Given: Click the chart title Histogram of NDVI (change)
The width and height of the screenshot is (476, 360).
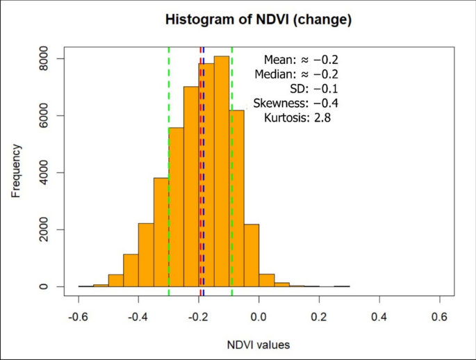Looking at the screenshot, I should [x=258, y=20].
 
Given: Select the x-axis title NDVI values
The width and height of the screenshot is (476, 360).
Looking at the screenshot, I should [x=258, y=344].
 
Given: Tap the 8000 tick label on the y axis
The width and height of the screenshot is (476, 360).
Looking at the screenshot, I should [x=42, y=59].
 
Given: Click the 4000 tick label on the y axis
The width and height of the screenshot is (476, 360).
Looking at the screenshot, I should [x=42, y=172].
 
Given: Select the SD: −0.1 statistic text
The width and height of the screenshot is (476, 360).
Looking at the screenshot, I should [x=313, y=89].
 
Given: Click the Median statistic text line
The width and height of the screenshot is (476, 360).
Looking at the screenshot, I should [x=296, y=74].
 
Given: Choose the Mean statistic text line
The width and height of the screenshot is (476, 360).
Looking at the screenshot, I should [x=301, y=60].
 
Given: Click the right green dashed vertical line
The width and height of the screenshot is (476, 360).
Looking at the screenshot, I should [x=231, y=208].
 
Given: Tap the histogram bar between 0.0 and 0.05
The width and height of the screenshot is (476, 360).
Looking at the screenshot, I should [x=267, y=280].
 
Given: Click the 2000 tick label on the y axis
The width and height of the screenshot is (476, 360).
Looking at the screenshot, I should [x=42, y=229].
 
